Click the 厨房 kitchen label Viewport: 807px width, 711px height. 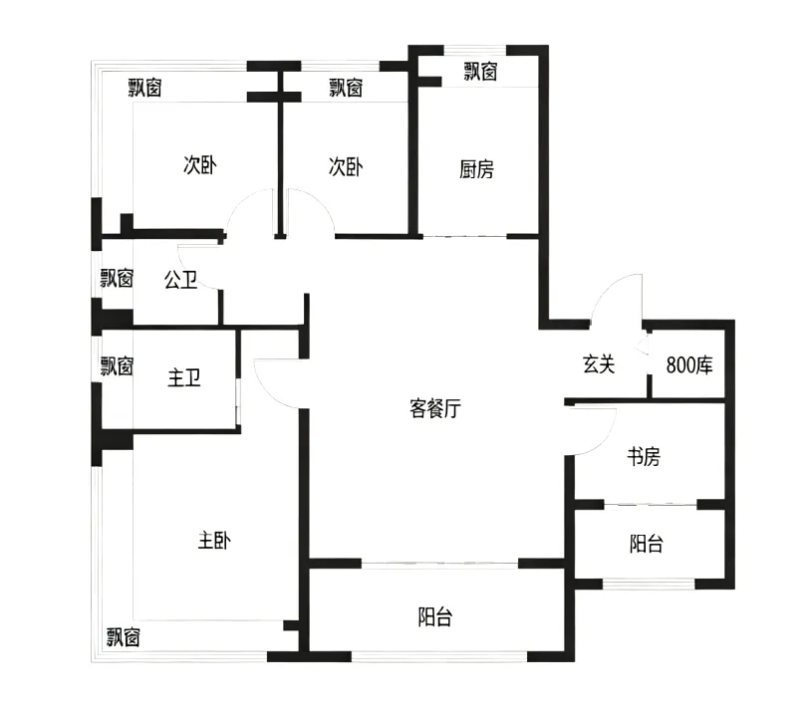(x=476, y=169)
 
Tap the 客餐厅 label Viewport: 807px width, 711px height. (x=435, y=408)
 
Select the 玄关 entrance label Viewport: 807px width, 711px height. (x=599, y=364)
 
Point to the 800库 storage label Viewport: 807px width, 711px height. (x=689, y=365)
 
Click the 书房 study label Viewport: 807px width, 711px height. (x=644, y=456)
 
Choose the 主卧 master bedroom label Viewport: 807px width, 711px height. (x=214, y=541)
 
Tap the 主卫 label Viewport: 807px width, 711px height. (x=183, y=378)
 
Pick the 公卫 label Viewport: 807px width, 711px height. (x=180, y=280)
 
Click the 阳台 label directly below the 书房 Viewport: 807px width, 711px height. (x=647, y=544)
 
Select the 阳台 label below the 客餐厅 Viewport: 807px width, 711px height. (x=435, y=616)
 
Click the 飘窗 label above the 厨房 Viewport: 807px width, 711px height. (x=480, y=72)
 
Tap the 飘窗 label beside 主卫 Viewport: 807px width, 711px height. (x=117, y=366)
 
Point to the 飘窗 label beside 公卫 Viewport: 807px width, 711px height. (x=117, y=279)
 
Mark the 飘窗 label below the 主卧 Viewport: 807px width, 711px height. (x=124, y=637)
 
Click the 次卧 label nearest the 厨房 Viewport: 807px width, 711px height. (x=346, y=166)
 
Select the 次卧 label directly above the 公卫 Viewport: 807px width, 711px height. (x=200, y=165)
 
